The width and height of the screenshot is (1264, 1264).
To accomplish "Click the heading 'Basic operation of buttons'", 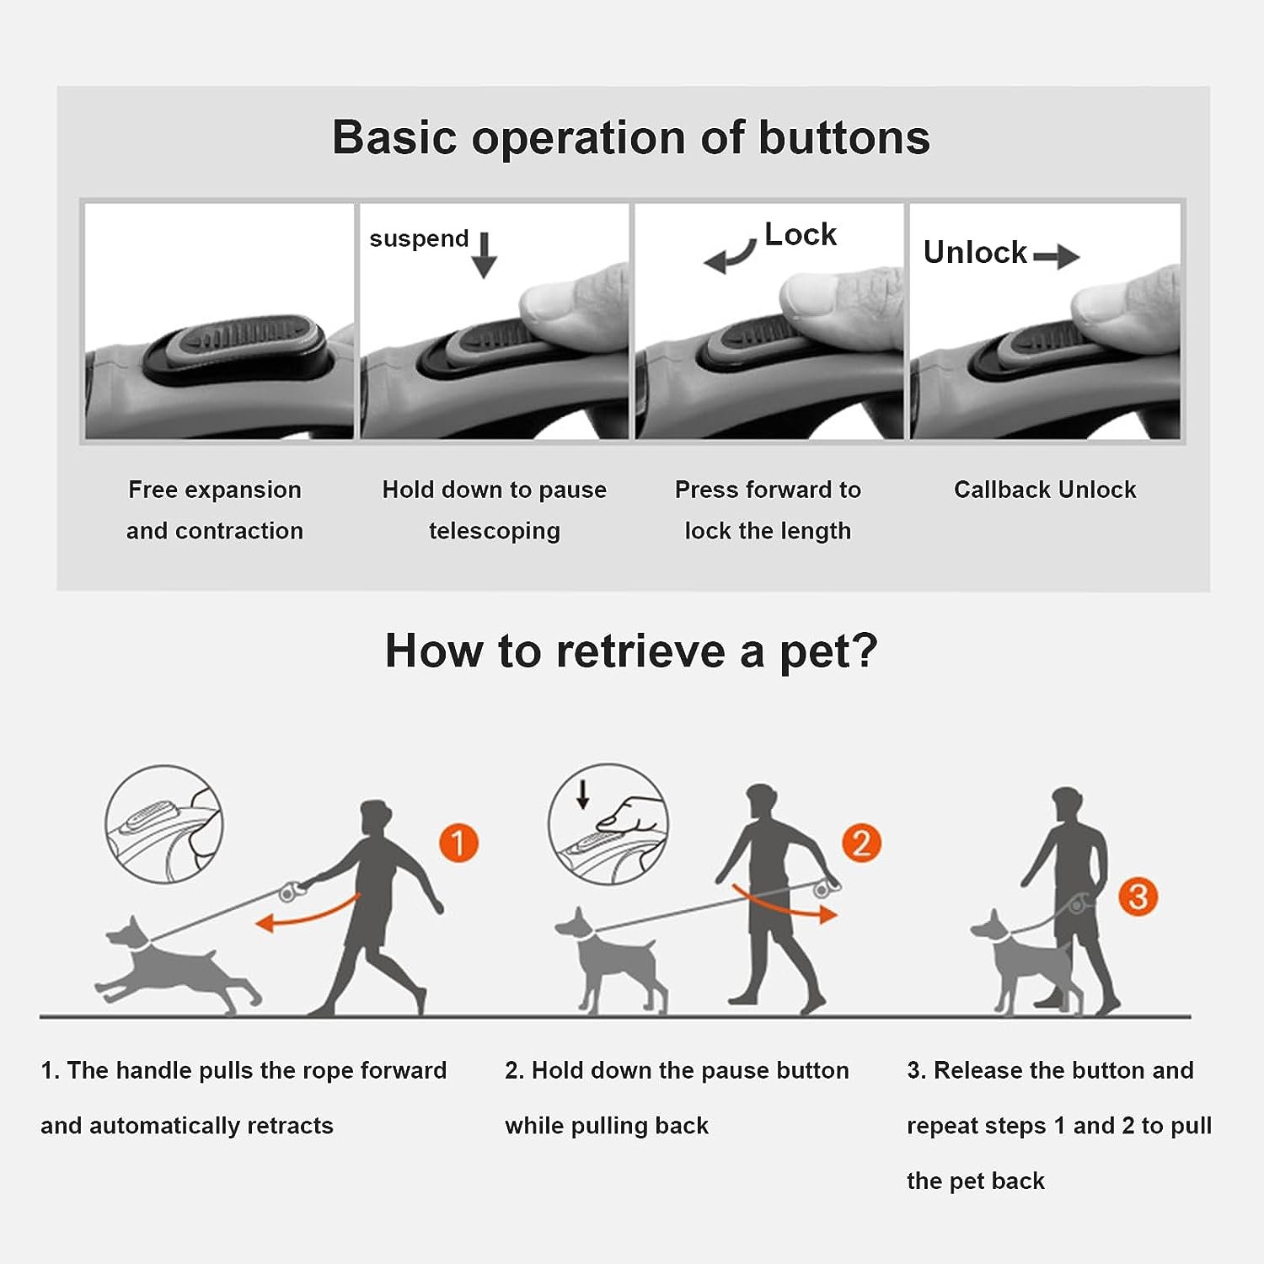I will point(631,137).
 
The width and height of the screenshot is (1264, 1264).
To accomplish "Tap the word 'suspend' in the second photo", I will point(419,238).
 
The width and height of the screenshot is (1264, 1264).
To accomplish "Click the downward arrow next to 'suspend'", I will point(484,254).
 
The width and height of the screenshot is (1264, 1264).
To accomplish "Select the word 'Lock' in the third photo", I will point(800,234).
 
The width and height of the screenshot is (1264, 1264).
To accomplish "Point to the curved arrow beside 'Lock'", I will point(730,256).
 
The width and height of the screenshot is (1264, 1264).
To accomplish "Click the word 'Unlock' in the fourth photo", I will point(975,252).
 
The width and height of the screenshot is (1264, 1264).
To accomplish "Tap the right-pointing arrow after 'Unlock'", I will point(1056,255).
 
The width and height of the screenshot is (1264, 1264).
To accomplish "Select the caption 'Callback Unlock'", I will point(1045,490).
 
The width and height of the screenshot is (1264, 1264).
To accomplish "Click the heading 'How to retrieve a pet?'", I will point(631,651).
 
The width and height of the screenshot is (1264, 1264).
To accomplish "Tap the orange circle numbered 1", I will point(458,843).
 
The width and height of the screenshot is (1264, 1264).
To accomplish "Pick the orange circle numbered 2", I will point(861,843).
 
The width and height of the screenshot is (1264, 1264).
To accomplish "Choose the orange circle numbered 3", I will point(1138,897).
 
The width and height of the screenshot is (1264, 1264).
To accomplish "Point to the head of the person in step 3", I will point(1067,806).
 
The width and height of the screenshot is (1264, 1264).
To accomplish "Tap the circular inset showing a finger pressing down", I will point(608,823).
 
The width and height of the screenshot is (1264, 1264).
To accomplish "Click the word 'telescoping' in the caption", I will point(494,531).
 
